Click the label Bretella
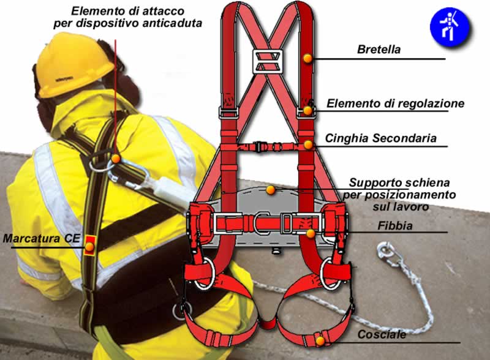379,50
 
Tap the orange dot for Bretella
307,58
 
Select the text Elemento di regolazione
395,103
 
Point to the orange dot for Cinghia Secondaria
308,144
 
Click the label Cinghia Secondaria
380,138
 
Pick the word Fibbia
395,226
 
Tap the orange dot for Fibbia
311,233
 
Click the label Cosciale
382,335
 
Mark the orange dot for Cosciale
320,341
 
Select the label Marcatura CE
41,238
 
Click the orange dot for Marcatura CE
89,247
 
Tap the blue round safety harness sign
450,27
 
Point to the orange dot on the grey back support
271,190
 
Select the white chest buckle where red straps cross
268,61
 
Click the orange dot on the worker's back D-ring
116,159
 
